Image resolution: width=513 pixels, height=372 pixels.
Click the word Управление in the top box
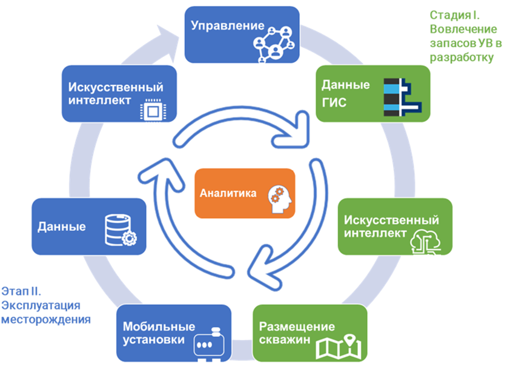[228, 26]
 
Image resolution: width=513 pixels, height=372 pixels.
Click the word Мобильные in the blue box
[151, 327]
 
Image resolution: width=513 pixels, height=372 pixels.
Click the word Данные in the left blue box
[61, 227]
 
